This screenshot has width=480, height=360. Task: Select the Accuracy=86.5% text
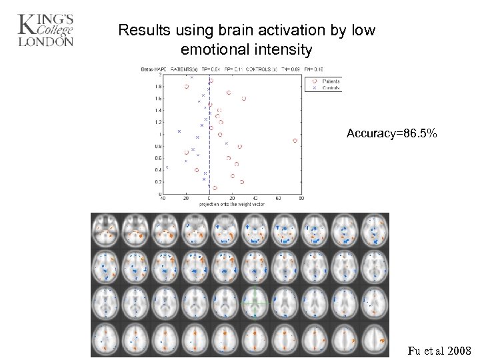click(x=392, y=134)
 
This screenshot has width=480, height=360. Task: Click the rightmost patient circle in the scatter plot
click(x=295, y=140)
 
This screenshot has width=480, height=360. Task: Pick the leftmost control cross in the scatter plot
click(x=167, y=168)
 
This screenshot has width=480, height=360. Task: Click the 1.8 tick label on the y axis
click(x=157, y=87)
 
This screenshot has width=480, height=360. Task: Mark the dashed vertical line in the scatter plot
click(x=209, y=147)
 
